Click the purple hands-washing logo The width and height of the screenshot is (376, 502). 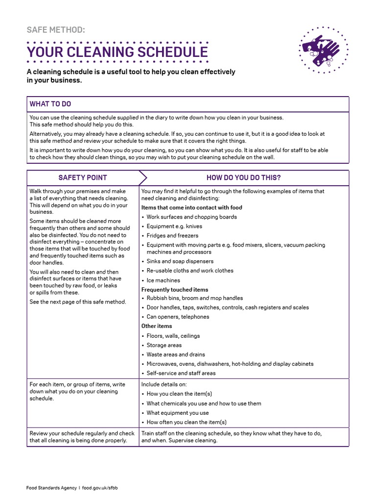pyautogui.click(x=323, y=50)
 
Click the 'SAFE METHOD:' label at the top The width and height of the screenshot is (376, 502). pyautogui.click(x=56, y=30)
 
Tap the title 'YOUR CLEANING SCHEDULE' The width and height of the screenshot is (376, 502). pyautogui.click(x=117, y=52)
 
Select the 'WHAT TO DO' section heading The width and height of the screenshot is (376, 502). pyautogui.click(x=50, y=104)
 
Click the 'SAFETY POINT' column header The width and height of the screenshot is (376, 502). pyautogui.click(x=82, y=177)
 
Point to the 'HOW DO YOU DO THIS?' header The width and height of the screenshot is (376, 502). pyautogui.click(x=243, y=177)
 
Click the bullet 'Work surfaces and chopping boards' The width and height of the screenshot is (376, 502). pyautogui.click(x=191, y=217)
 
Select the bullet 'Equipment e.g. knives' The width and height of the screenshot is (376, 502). pyautogui.click(x=174, y=226)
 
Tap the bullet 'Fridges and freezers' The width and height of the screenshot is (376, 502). pyautogui.click(x=172, y=235)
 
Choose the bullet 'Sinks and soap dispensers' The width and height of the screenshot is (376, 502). pyautogui.click(x=180, y=261)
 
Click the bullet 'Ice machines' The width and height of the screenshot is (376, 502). pyautogui.click(x=163, y=280)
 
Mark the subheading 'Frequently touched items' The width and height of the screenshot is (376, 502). pyautogui.click(x=175, y=290)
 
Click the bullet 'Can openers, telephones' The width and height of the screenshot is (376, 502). pyautogui.click(x=178, y=317)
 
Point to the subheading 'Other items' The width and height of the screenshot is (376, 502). pyautogui.click(x=157, y=326)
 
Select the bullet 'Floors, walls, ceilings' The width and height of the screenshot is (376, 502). pyautogui.click(x=173, y=336)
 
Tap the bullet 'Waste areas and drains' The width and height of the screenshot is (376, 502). pyautogui.click(x=176, y=354)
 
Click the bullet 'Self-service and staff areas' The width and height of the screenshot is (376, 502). pyautogui.click(x=181, y=373)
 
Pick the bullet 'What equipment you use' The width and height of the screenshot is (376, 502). pyautogui.click(x=177, y=413)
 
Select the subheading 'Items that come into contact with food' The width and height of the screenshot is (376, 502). pyautogui.click(x=191, y=207)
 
